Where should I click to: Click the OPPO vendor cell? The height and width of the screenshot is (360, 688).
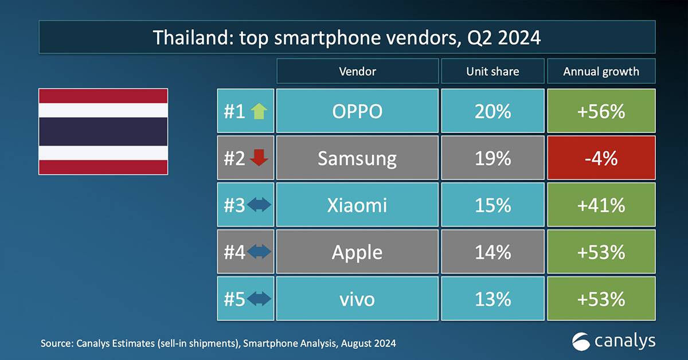[x=357, y=111]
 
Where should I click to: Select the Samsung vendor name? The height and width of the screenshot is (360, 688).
[x=357, y=158]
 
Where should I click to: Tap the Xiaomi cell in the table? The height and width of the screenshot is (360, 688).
[x=357, y=205]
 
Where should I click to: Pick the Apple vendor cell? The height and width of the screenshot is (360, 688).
[x=357, y=252]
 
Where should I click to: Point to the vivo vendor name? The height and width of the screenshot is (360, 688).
[x=357, y=299]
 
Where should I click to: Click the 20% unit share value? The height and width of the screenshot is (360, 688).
[x=492, y=111]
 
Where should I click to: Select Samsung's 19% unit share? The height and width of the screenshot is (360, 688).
[x=492, y=158]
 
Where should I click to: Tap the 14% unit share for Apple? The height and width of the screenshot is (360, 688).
[x=492, y=252]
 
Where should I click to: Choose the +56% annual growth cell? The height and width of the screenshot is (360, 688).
[x=601, y=111]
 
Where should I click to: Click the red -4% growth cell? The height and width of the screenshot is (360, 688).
[x=601, y=158]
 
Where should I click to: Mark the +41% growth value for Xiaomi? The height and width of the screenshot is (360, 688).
[x=601, y=205]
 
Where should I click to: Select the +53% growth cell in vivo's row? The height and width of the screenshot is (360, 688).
[x=601, y=299]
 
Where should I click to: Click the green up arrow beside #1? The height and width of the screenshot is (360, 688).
[x=259, y=111]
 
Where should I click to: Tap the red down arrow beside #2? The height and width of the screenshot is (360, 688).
[x=259, y=159]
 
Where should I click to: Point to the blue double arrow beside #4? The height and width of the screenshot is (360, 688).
[x=259, y=252]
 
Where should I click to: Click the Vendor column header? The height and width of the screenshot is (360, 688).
[x=357, y=71]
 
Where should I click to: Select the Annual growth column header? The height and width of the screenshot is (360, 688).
[x=601, y=71]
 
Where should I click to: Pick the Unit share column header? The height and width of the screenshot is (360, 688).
[x=492, y=71]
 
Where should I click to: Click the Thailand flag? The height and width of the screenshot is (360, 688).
[x=103, y=131]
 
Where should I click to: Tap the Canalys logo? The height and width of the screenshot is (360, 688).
[x=613, y=342]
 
